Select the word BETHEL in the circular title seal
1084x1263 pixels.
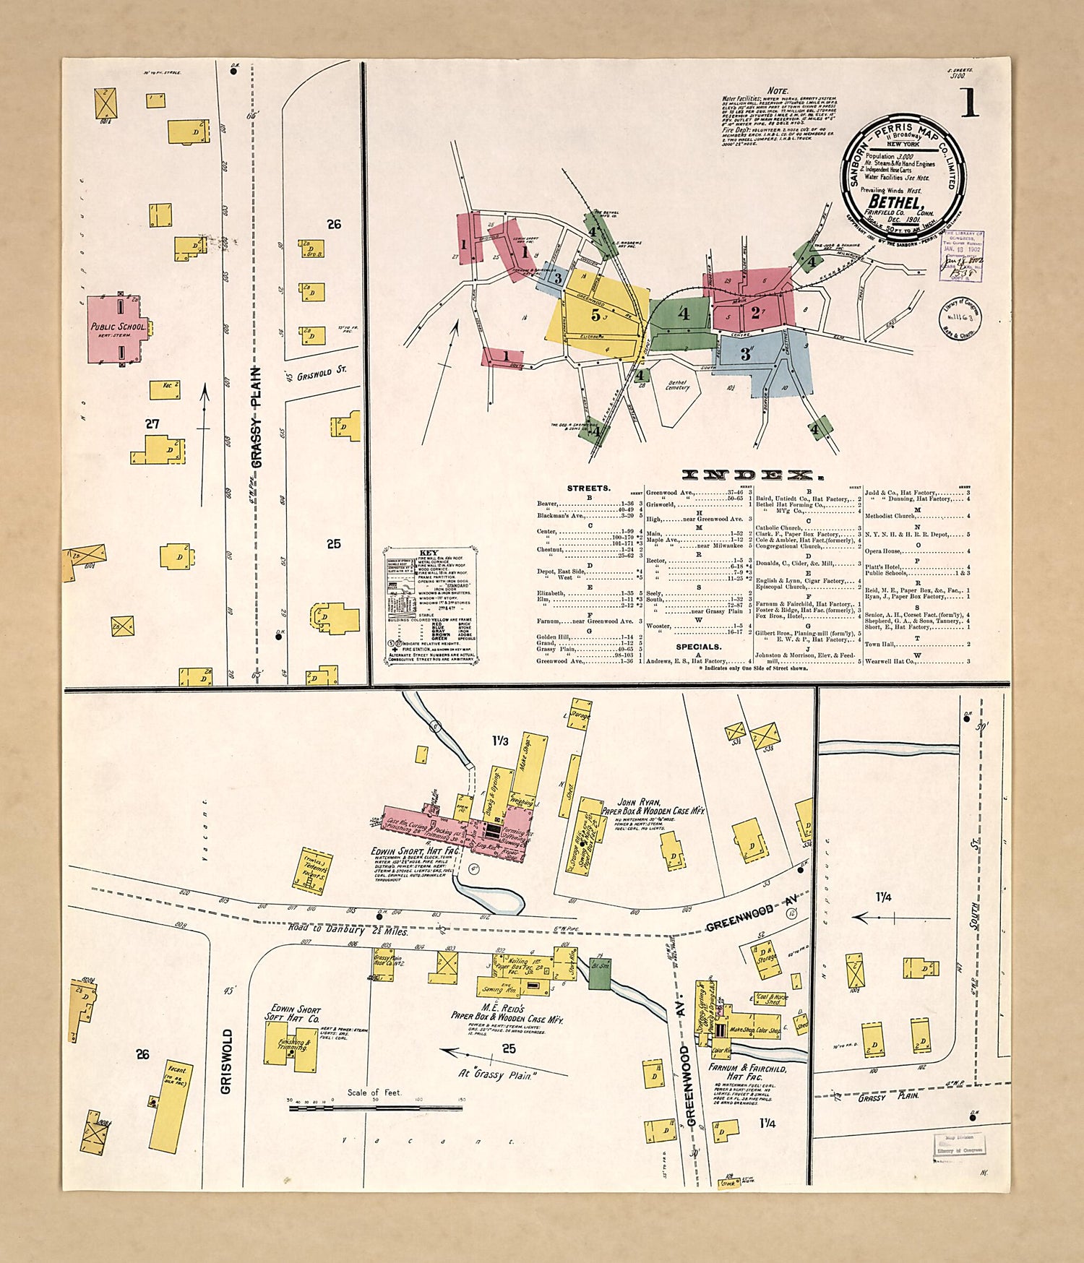click(895, 202)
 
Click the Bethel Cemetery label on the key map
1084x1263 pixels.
click(677, 385)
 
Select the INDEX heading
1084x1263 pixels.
click(752, 475)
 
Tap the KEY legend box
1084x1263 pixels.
click(430, 605)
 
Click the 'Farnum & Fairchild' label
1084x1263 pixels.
click(747, 1068)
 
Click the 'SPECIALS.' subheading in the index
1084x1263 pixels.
click(698, 647)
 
